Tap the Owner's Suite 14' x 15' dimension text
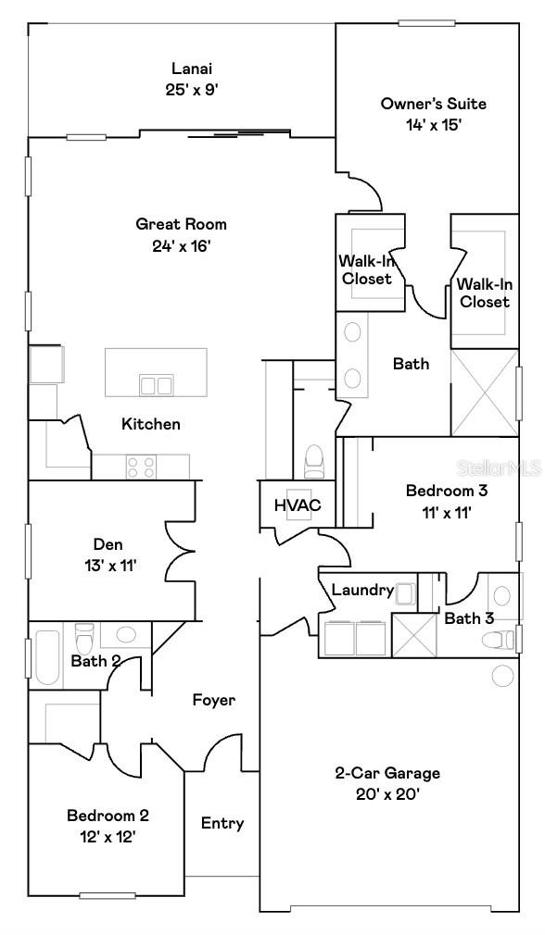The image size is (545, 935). click(x=420, y=124)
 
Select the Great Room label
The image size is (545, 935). click(x=181, y=224)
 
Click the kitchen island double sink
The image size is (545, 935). click(x=156, y=384)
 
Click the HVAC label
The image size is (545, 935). click(x=297, y=505)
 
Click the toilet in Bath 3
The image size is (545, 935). click(x=501, y=639)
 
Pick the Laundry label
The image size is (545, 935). click(x=362, y=590)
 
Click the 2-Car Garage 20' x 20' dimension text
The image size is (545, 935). click(x=387, y=793)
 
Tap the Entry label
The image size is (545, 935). click(x=222, y=823)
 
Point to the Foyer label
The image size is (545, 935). click(x=213, y=700)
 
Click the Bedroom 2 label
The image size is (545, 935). click(x=108, y=816)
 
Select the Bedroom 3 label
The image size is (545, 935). click(x=447, y=490)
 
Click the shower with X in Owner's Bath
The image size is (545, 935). click(x=483, y=393)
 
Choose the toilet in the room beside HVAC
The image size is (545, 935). click(x=313, y=459)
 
